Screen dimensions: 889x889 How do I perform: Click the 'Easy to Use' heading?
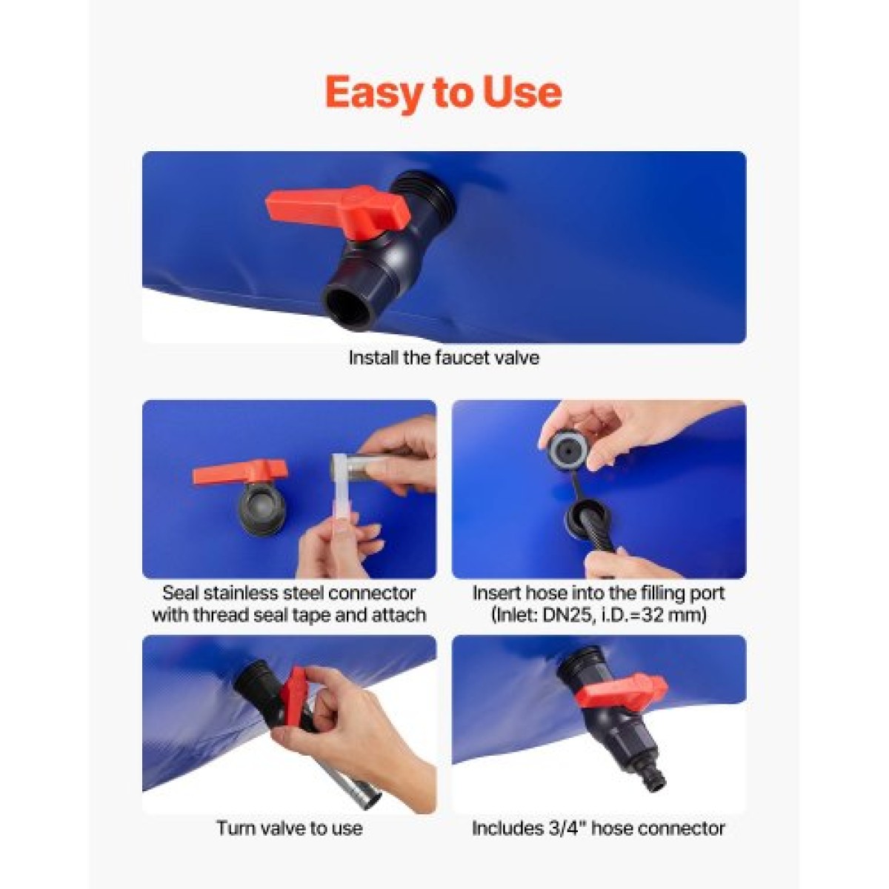click(x=443, y=93)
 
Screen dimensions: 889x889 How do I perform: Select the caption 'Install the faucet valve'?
click(x=444, y=358)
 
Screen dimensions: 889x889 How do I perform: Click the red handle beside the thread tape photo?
click(x=239, y=471)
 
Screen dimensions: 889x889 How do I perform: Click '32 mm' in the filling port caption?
click(x=678, y=616)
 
